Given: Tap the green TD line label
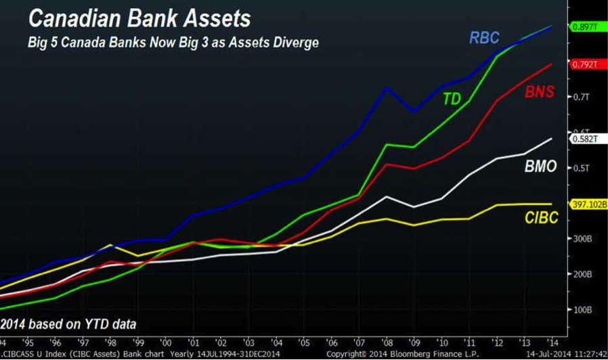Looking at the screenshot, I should (x=452, y=99).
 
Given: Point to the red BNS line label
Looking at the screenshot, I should (x=539, y=92).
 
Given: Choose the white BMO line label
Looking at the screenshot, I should (x=540, y=166).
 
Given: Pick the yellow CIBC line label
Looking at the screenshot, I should (x=541, y=218).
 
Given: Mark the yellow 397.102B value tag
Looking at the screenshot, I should (x=587, y=204).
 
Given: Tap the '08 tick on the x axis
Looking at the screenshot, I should (x=386, y=342).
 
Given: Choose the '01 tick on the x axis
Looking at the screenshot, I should (x=194, y=342).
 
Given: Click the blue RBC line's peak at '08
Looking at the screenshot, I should (x=386, y=88).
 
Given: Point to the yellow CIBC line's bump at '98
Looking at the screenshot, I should (x=110, y=245).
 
